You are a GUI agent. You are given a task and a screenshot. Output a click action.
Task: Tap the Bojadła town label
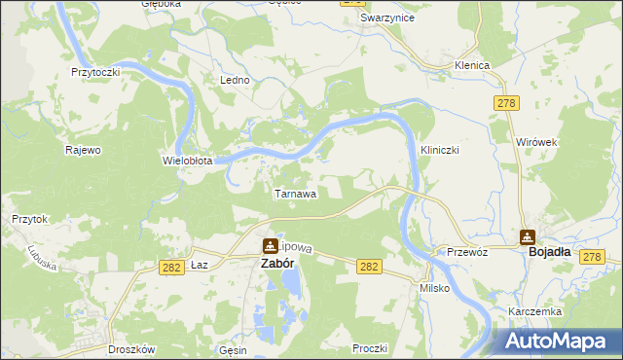click(549, 251)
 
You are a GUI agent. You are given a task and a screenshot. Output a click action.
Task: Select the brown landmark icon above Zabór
click(269, 246)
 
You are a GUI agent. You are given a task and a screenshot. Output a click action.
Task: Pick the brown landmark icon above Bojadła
click(528, 235)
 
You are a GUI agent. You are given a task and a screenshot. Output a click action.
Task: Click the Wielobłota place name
click(187, 160)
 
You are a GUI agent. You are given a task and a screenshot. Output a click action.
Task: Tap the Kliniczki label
click(439, 151)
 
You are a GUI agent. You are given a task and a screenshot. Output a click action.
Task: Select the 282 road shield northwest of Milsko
click(369, 266)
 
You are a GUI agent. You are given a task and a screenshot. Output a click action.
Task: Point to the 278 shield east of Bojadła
click(593, 256)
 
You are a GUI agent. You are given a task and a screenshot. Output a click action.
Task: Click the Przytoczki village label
click(95, 72)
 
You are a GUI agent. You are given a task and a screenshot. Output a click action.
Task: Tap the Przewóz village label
click(466, 250)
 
